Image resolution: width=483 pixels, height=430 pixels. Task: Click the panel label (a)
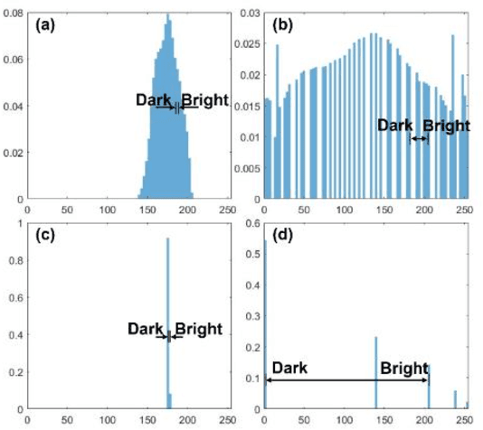point(44,25)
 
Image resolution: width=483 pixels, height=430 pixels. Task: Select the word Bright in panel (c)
point(197,329)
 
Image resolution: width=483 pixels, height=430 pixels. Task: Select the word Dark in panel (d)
point(289,369)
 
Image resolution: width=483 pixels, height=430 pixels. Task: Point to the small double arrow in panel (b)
point(420,138)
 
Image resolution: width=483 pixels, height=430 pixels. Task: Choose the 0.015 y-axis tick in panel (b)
point(247,107)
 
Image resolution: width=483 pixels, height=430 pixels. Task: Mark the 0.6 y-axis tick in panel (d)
point(252,221)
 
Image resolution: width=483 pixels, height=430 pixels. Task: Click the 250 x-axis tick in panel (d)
point(463,420)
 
